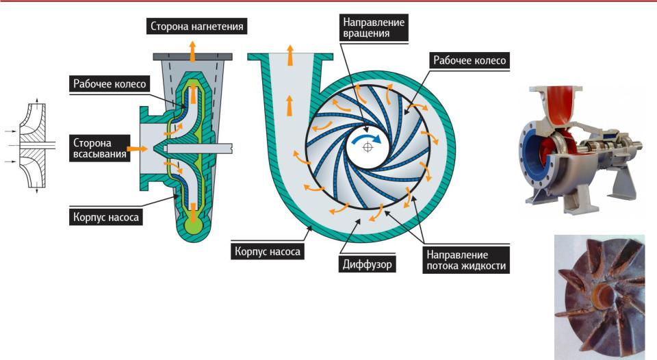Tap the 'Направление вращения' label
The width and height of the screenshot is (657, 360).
click(x=374, y=27)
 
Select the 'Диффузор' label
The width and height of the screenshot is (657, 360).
click(x=367, y=263)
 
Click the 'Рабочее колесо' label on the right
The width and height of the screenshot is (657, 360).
click(x=469, y=60)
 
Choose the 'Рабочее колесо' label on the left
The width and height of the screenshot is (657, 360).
click(x=109, y=83)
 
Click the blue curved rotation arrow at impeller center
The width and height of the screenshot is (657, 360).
click(x=365, y=139)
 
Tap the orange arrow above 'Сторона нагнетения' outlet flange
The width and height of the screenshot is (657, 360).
click(x=192, y=50)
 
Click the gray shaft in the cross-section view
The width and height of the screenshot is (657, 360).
click(x=198, y=148)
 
